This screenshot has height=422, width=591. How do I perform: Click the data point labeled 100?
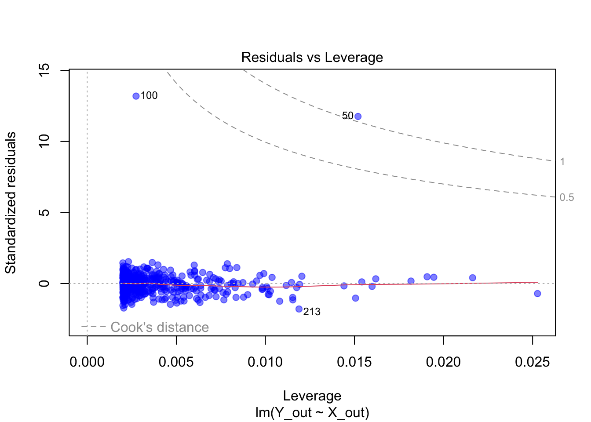click(136, 96)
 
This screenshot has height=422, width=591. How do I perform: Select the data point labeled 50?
click(358, 116)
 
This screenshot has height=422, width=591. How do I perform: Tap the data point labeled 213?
click(299, 309)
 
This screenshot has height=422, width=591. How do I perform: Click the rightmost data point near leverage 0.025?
click(537, 294)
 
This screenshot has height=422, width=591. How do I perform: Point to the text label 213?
click(312, 312)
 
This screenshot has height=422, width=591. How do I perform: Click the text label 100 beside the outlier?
click(149, 96)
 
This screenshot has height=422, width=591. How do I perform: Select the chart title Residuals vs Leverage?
click(312, 57)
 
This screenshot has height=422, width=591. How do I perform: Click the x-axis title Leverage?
click(312, 396)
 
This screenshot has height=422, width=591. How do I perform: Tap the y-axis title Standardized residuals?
click(11, 203)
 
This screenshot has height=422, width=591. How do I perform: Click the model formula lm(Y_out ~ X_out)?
click(312, 413)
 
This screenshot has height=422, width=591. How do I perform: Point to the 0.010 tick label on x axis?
click(265, 362)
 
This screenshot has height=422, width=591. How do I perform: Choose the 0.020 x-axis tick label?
click(443, 362)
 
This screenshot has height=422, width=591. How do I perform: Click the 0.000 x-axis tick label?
click(87, 362)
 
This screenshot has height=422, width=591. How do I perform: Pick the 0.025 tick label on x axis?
click(533, 362)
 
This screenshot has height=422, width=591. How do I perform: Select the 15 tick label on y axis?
click(44, 70)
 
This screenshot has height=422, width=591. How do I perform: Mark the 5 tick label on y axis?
click(44, 212)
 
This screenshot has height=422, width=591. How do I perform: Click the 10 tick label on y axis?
click(44, 142)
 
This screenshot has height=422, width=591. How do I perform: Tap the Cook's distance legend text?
click(160, 327)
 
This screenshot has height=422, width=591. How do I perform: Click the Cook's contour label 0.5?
click(567, 197)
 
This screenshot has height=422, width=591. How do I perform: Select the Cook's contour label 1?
click(562, 162)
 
